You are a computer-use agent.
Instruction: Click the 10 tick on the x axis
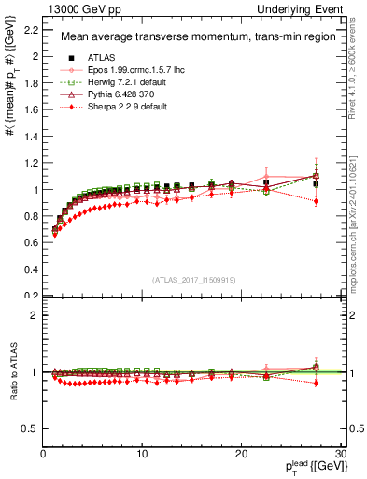click(143, 453)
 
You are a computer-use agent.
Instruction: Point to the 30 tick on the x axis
click(342, 453)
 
